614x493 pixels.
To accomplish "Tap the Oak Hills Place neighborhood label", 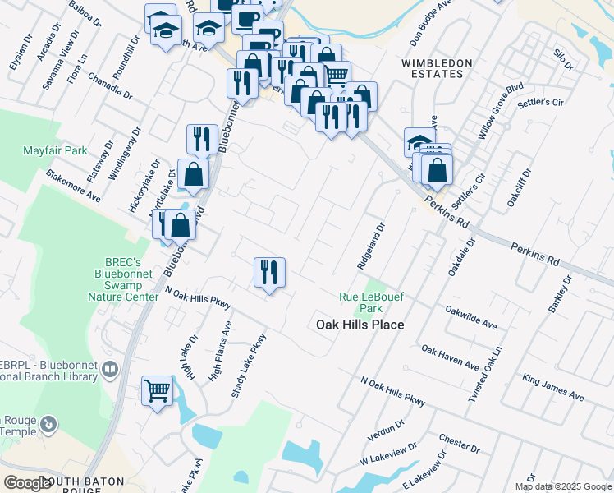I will click(360, 325).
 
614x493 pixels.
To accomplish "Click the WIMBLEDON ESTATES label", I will click(437, 68).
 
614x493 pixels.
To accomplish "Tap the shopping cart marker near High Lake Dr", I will click(157, 390).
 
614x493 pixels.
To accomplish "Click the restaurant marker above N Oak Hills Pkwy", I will click(270, 272).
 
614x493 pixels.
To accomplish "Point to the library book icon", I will click(109, 371).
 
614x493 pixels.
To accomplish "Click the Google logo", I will click(27, 482).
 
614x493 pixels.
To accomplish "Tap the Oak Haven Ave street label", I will click(450, 357).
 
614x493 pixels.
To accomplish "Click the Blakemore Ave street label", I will click(73, 186).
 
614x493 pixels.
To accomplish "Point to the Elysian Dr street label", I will click(19, 50).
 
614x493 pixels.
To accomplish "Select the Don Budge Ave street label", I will click(431, 19).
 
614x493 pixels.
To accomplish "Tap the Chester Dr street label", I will click(459, 444).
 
